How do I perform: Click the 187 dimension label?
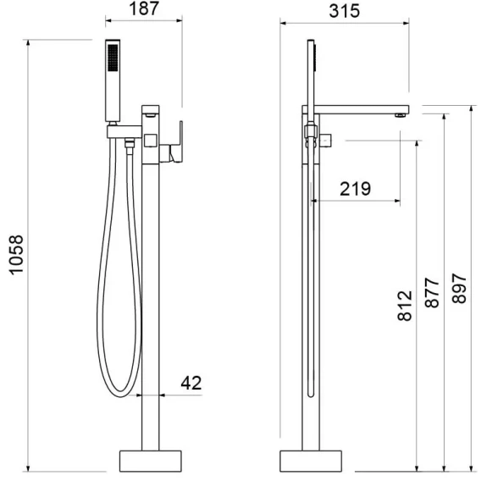(x=144, y=9)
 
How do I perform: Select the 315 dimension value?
(x=344, y=11)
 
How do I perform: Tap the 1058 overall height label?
(x=16, y=255)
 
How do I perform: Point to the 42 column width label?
(x=191, y=383)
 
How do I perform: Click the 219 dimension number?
(x=355, y=189)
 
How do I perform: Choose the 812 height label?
(x=405, y=306)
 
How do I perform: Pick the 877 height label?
(x=432, y=293)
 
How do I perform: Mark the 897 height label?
(x=459, y=289)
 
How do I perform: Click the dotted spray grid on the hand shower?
(x=113, y=58)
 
